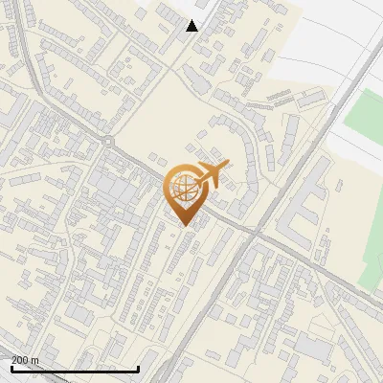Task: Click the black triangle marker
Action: (192, 26)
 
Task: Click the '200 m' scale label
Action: (25, 360)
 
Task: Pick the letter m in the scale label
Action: (35, 360)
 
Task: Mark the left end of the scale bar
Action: (11, 369)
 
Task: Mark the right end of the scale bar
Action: (139, 369)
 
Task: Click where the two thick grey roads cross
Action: (257, 231)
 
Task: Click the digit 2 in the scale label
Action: (14, 360)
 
